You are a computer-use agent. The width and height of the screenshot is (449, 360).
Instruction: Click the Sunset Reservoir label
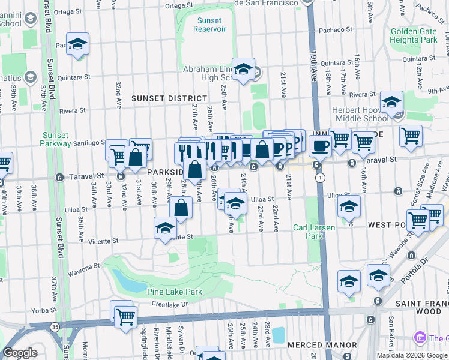[209, 25]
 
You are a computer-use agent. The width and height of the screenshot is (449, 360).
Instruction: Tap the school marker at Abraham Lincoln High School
[243, 70]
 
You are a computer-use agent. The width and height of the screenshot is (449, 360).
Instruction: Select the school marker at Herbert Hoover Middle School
[392, 103]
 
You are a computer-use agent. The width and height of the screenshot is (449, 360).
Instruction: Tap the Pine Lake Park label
[175, 292]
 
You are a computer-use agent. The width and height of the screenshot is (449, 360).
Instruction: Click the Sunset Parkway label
[55, 139]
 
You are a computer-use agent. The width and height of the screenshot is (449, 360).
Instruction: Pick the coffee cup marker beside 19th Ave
[320, 145]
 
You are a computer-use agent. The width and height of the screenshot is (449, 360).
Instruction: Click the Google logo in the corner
[20, 353]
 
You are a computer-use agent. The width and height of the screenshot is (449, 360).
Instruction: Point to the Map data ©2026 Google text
[411, 355]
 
